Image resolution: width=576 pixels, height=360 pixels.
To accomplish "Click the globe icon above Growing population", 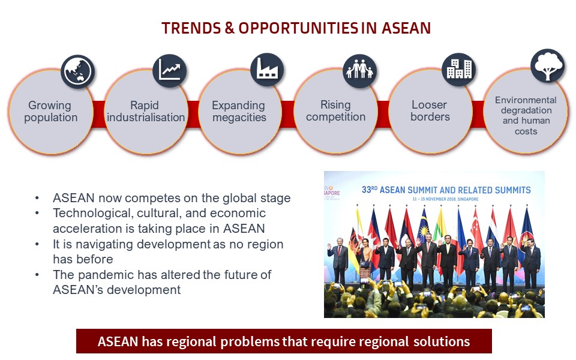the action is click(x=78, y=71).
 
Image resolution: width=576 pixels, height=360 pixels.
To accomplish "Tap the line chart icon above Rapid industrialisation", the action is click(x=169, y=71).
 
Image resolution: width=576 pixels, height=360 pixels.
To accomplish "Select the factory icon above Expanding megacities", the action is click(x=267, y=70).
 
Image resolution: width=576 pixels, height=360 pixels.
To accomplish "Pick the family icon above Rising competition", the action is click(x=359, y=71).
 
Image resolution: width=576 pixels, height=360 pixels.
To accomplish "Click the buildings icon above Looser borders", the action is click(x=459, y=70).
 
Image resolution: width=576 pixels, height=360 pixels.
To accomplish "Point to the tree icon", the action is click(x=548, y=66).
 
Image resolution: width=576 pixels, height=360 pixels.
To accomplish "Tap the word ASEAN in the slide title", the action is click(x=406, y=28).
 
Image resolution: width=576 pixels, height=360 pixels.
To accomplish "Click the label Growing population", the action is click(x=50, y=112).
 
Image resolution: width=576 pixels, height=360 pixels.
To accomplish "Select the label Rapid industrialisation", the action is click(x=146, y=112).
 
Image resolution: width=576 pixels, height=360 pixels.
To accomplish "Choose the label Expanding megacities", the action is click(x=239, y=112).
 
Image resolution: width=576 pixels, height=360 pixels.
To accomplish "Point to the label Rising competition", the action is click(x=336, y=111).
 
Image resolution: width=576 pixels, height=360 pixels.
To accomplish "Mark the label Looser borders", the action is click(x=430, y=111).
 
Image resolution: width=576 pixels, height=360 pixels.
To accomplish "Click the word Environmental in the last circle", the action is click(x=526, y=100).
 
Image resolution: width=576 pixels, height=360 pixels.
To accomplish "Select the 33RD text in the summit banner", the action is click(x=370, y=190).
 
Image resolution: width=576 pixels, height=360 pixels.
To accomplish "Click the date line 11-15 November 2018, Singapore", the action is click(x=445, y=199).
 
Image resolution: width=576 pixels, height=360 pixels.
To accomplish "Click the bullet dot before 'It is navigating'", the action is click(x=37, y=244).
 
